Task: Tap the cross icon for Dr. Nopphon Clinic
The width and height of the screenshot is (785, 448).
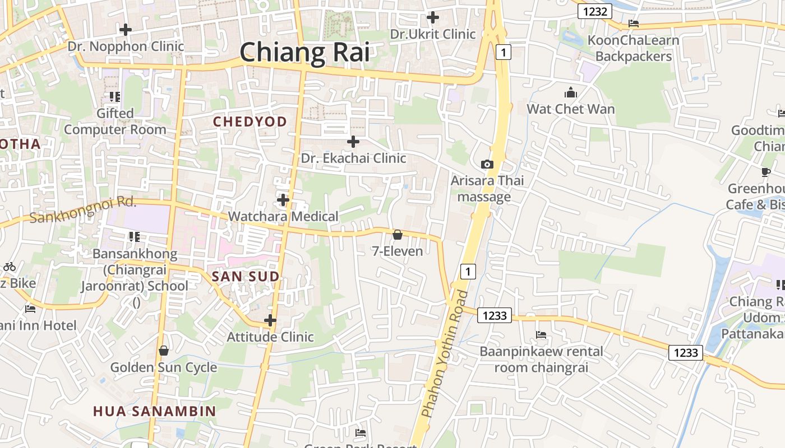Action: pos(126,30)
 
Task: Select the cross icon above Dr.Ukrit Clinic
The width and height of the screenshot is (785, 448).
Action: pos(432,17)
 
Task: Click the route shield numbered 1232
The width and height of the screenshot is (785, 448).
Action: pos(595,11)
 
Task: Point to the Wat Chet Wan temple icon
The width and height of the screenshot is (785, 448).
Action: pos(571,92)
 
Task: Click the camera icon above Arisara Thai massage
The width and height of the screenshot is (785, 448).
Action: pos(487,164)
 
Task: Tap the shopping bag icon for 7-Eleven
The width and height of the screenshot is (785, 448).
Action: pos(398,235)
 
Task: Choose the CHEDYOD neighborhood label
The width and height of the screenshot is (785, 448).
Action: pos(250,122)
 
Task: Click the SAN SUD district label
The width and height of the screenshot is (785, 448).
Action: pos(245,276)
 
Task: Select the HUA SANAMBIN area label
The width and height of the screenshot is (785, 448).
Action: pos(154,411)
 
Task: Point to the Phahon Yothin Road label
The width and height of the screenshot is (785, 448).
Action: pos(445,354)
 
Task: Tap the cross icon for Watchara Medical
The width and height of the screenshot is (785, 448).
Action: pos(283,199)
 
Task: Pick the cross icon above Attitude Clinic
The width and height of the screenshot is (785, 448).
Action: pos(270,320)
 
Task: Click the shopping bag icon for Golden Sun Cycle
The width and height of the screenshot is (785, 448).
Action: pos(164,351)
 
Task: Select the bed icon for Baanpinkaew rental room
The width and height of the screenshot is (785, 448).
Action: pos(541,335)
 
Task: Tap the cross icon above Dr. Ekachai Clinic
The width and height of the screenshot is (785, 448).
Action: pos(353,142)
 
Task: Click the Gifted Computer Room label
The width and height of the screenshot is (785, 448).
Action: pos(115,122)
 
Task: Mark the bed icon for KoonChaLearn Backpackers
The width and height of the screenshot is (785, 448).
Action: pos(634,24)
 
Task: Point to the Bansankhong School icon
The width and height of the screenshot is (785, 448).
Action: pos(134,237)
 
